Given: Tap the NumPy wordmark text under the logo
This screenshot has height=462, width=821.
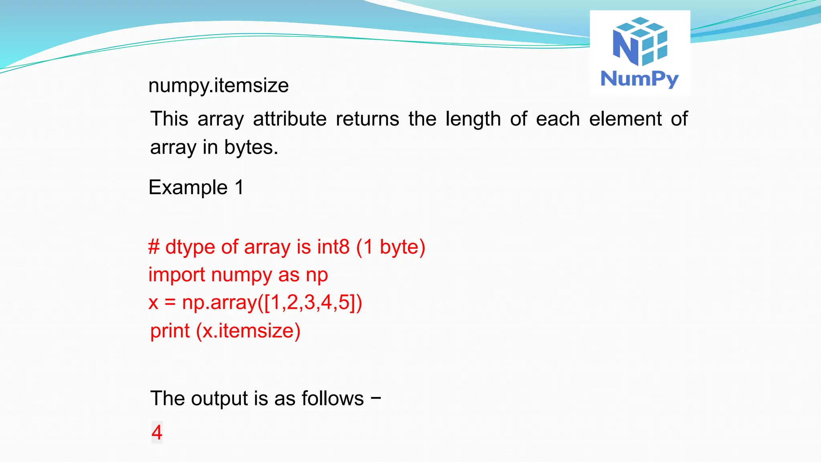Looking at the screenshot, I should click(x=639, y=79).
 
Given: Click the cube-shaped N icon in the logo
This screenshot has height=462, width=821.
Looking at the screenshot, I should click(x=640, y=42).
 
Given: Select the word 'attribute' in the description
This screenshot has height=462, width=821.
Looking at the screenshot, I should click(x=290, y=119).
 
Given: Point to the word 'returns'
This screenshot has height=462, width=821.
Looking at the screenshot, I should click(x=367, y=119).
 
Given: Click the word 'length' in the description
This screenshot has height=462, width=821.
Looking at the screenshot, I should click(x=473, y=119).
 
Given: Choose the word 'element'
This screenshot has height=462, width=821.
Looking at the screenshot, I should click(x=625, y=119).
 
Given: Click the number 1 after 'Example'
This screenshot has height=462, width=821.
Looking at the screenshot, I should click(x=239, y=187).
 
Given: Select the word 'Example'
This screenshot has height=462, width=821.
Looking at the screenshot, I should click(x=188, y=188).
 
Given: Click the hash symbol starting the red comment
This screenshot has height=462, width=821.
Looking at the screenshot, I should click(x=154, y=247).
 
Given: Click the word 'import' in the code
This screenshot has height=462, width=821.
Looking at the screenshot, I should click(x=176, y=275).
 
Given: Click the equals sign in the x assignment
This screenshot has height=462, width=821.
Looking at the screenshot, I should click(x=170, y=303).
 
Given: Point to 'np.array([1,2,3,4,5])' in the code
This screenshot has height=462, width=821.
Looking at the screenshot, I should click(x=272, y=303).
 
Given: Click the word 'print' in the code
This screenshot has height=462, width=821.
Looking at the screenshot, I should click(x=170, y=331).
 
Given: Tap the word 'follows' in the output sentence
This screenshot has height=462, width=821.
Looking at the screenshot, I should click(x=332, y=399).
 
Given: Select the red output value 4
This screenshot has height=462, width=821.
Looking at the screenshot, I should click(x=157, y=432).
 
